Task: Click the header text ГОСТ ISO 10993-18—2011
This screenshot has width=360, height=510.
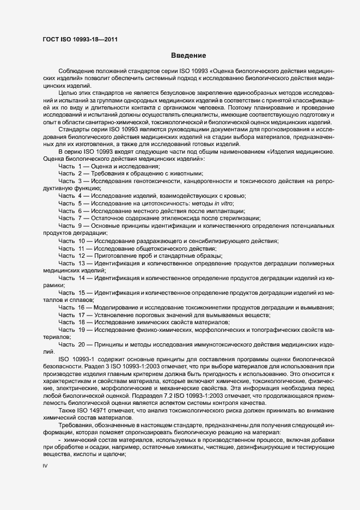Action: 80,39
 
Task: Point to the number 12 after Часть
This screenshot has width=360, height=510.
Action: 82,256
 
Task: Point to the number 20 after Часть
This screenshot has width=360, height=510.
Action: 82,345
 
